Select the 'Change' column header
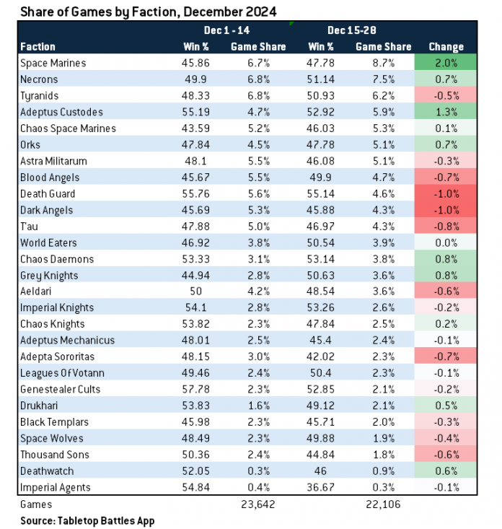[446, 47]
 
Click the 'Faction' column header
[38, 47]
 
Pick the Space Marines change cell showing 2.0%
[446, 63]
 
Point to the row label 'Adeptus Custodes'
[61, 112]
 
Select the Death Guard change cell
[446, 193]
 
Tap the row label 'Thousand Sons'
[53, 455]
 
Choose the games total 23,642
[257, 504]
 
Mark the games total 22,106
[383, 504]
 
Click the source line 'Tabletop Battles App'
[87, 520]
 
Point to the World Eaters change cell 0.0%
[446, 242]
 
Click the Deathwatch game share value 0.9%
[383, 471]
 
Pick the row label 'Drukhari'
[41, 406]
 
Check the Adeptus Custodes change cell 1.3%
[446, 112]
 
